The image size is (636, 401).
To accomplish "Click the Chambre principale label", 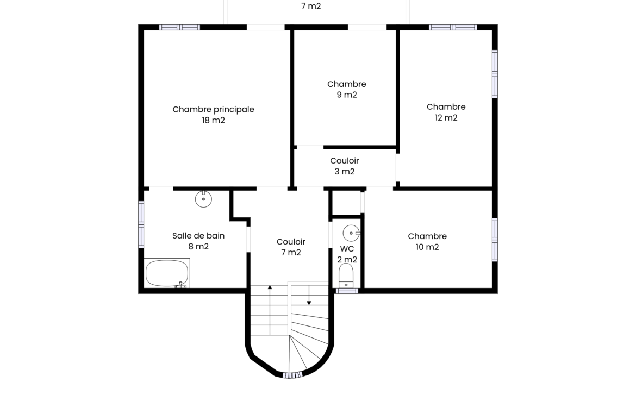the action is pyautogui.click(x=213, y=109).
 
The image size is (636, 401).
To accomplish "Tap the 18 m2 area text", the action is pyautogui.click(x=213, y=120).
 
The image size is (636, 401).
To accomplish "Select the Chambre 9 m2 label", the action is pyautogui.click(x=347, y=89).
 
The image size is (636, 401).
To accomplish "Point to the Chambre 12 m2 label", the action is pyautogui.click(x=446, y=112).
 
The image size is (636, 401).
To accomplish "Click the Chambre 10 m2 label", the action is pyautogui.click(x=427, y=241).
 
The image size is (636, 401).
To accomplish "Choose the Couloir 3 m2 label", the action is pyautogui.click(x=345, y=166).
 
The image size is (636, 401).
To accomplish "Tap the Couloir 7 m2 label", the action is pyautogui.click(x=291, y=247).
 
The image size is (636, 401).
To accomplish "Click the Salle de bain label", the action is pyautogui.click(x=198, y=236).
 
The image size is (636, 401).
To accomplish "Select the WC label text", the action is pyautogui.click(x=347, y=248).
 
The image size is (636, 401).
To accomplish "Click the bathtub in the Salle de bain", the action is pyautogui.click(x=167, y=273).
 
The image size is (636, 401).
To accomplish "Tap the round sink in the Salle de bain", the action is pyautogui.click(x=203, y=199).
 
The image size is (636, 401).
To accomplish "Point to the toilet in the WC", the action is pyautogui.click(x=346, y=275).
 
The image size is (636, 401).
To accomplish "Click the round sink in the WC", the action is pyautogui.click(x=351, y=233).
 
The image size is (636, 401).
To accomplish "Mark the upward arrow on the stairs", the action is pyautogui.click(x=270, y=310).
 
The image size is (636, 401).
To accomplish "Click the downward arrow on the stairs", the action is pyautogui.click(x=309, y=295).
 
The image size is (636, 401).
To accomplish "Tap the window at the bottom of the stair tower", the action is pyautogui.click(x=292, y=375).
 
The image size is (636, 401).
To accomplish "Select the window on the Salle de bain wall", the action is pyautogui.click(x=141, y=224).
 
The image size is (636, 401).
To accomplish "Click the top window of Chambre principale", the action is pyautogui.click(x=179, y=28).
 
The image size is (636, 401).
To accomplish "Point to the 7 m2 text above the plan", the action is pyautogui.click(x=311, y=6).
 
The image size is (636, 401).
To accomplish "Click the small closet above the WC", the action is pyautogui.click(x=346, y=202).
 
